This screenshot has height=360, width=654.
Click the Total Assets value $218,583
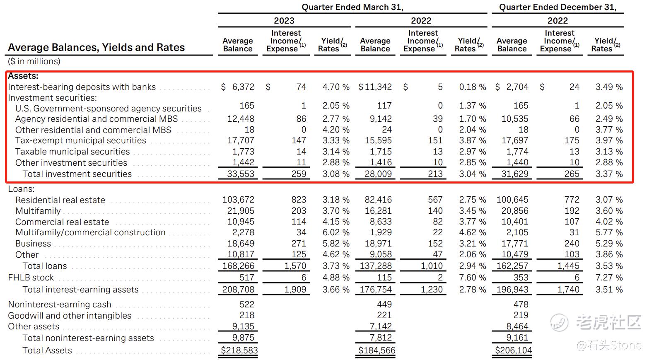[239, 350]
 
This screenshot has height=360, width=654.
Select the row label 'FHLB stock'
[31, 278]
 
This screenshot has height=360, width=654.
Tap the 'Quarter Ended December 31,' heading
[557, 7]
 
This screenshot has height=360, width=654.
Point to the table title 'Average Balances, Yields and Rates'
[97, 47]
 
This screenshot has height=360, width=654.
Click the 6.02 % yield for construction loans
[336, 232]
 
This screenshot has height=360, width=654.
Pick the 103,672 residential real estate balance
[238, 200]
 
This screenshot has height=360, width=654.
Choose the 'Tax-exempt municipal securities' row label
[81, 140]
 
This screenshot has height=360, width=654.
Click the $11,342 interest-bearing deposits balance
[375, 87]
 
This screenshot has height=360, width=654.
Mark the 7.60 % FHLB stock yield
[473, 278]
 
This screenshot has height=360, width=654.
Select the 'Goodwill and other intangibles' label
[70, 316]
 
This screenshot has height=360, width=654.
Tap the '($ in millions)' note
[34, 61]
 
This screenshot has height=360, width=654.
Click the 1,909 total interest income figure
[295, 289]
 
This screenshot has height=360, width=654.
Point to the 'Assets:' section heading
[23, 76]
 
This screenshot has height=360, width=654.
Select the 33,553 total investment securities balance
[241, 174]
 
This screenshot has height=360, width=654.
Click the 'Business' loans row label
[33, 244]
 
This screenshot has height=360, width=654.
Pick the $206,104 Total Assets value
[513, 350]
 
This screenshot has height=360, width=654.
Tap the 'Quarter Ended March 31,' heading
[352, 7]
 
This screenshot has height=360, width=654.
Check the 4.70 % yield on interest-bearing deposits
[336, 87]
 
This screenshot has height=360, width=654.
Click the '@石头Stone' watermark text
[609, 346]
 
